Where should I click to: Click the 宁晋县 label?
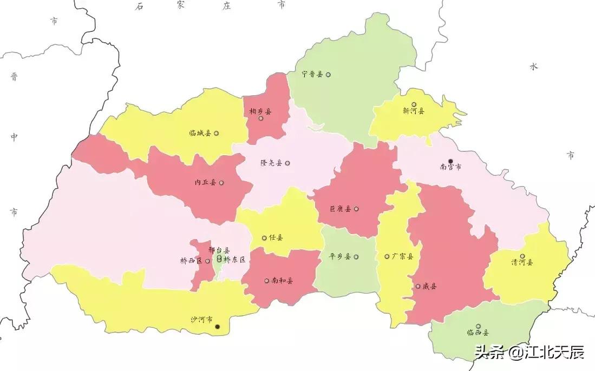point(312,75)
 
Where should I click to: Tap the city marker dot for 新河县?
point(414,104)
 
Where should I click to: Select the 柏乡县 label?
point(260,111)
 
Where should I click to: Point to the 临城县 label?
point(200,133)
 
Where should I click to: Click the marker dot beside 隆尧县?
point(287,163)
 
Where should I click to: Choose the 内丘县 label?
point(205,183)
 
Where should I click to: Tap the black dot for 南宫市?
point(450,161)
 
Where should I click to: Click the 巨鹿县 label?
point(341,209)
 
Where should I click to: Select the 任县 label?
point(276,237)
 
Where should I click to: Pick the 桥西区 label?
point(191,261)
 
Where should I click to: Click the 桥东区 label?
point(234,260)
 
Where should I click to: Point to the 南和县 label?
point(282,281)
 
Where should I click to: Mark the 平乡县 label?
point(341,256)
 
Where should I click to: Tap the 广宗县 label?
point(402,256)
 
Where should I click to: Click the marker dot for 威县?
point(418,286)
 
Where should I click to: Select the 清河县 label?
point(522,262)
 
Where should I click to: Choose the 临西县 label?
point(478,333)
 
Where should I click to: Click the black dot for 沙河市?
point(218,326)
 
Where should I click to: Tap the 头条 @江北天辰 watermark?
point(529,353)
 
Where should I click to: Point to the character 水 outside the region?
point(534,67)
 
